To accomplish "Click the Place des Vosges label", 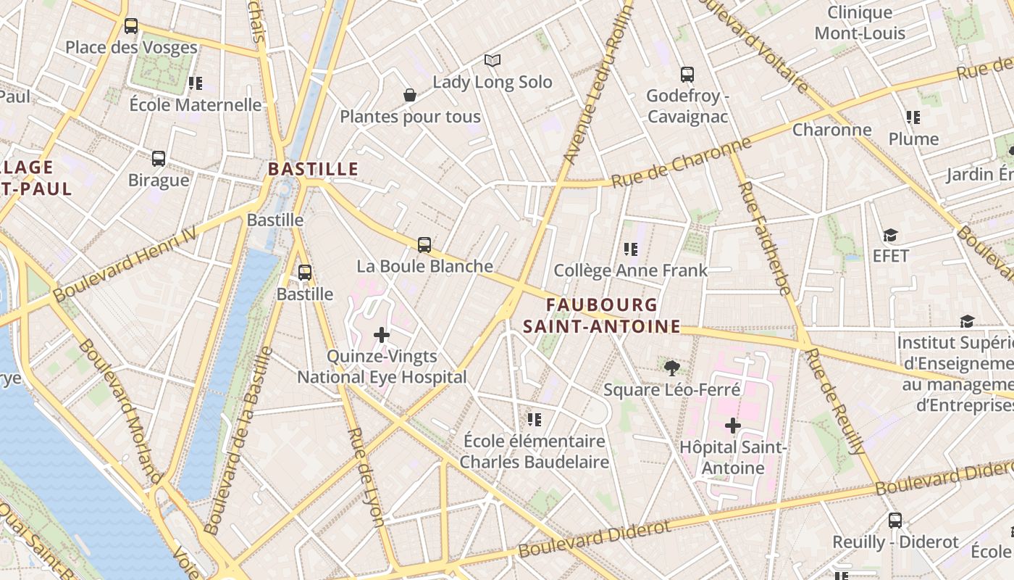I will (131, 48).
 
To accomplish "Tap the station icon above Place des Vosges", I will (130, 26).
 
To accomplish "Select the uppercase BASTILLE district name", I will (313, 169).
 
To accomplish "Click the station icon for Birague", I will (159, 158).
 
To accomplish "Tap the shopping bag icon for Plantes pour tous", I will (410, 95).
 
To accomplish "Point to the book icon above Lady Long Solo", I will (493, 60).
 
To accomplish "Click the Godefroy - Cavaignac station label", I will (687, 107).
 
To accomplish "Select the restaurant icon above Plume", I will (913, 117).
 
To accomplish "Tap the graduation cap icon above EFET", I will (890, 235).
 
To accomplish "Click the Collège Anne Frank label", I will (630, 270).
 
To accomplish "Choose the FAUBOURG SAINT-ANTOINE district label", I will (602, 316).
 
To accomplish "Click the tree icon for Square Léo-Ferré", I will (672, 368).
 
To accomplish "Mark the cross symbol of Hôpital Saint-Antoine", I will (733, 426).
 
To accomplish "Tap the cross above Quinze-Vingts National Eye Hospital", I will (382, 335).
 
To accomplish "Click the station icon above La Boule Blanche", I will (424, 245).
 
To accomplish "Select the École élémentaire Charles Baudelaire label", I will (535, 451).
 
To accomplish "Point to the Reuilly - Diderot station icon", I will (895, 520).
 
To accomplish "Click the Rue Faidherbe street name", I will (765, 239).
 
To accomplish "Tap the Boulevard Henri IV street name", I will (125, 263).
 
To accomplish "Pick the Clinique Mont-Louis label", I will (860, 22).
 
